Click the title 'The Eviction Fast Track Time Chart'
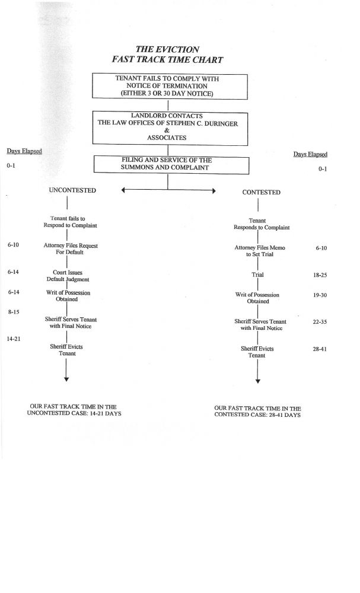pos(168,54)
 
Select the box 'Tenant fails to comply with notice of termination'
pos(169,85)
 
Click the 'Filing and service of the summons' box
pos(169,164)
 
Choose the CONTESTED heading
pos(262,192)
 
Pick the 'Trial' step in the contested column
pos(257,275)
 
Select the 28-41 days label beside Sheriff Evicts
pos(321,349)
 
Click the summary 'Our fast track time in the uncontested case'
pos(74,410)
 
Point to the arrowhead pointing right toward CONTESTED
pos(212,191)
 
